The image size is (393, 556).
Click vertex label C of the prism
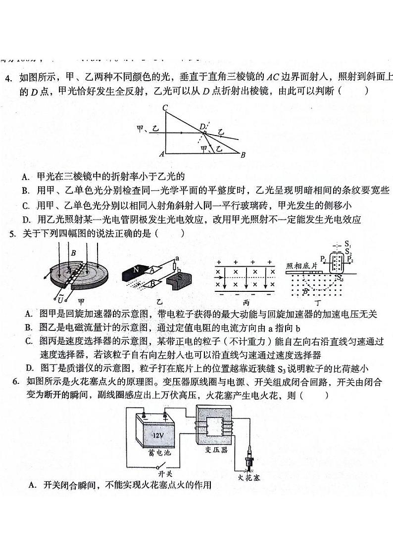(165, 108)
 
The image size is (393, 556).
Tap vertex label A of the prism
(161, 154)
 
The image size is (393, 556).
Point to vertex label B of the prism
(243, 155)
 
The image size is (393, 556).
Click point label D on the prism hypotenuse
(202, 127)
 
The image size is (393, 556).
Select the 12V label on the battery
(157, 435)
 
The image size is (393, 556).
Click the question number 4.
(8, 78)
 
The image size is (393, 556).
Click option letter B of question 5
(29, 327)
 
